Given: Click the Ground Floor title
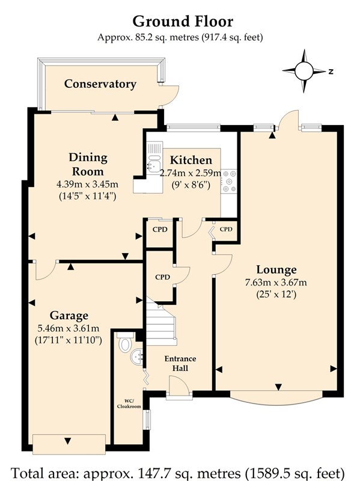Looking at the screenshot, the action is coord(183,22).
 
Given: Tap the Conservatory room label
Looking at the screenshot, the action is coord(100,84).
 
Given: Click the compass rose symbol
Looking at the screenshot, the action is coord(304,71).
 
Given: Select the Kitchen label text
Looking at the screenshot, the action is coord(191,160).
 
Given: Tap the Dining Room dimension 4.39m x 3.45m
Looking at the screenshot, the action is coord(87,185).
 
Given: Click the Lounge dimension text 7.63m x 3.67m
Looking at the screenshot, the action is coord(276,282).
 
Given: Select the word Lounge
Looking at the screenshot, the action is coord(276,269).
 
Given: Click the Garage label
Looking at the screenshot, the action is coord(69,316).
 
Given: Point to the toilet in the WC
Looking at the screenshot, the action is coord(125,344).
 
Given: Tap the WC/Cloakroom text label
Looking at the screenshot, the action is coord(129,403).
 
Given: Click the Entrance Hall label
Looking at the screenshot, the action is coord(180,363).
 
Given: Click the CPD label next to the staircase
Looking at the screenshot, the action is coord(162,277).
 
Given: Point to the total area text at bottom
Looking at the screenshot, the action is coord(178,473).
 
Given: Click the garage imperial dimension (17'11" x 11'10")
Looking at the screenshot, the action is coord(69,340).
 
